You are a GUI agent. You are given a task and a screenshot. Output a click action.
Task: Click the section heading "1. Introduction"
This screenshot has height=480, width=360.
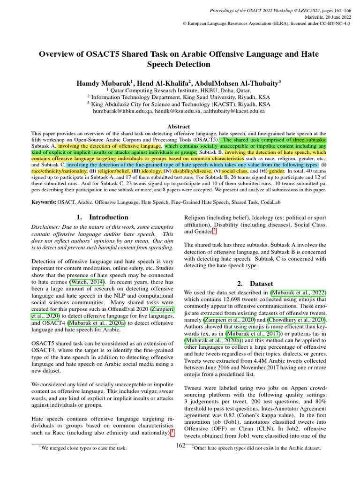click(102, 217)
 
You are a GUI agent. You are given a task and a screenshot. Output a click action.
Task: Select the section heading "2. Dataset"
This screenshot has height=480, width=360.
click(255, 283)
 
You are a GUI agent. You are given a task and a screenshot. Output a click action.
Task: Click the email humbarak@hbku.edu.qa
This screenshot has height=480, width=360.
click(125, 112)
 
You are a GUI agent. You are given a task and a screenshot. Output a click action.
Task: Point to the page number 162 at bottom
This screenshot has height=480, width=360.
click(180, 445)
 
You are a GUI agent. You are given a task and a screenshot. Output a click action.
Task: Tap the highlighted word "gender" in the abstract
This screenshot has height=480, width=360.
click(277, 172)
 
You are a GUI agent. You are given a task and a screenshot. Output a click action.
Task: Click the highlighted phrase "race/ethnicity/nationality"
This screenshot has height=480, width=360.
click(60, 172)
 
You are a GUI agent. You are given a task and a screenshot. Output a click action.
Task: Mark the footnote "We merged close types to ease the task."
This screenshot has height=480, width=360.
click(84, 448)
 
